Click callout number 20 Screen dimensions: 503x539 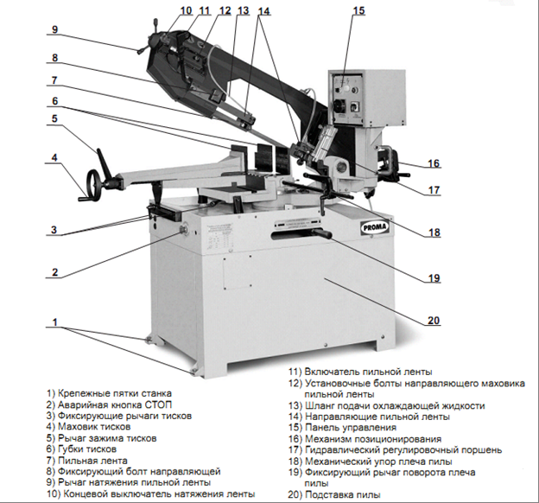pos(434,322)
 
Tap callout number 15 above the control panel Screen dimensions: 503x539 pos(358,10)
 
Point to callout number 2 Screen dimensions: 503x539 pos(54,273)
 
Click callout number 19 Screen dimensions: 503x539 pos(434,278)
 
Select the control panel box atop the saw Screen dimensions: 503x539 pos(349,97)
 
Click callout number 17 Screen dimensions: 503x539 pos(434,192)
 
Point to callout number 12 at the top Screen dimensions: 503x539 pos(225,11)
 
